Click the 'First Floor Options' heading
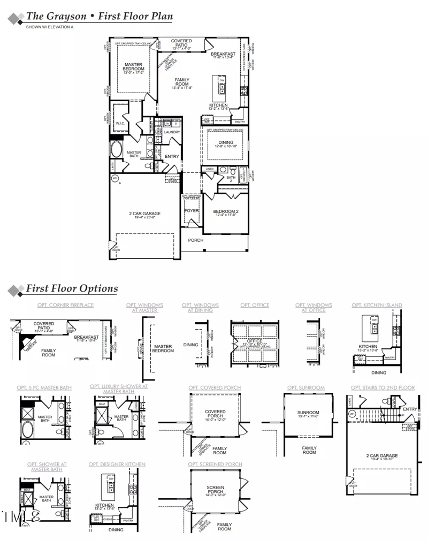72,289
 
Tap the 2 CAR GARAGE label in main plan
144,214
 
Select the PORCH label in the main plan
196,240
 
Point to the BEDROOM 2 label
226,211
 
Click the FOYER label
192,211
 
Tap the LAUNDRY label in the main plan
172,132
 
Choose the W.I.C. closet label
120,123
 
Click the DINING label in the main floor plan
226,142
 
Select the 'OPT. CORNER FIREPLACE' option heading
66,305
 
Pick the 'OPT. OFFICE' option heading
255,305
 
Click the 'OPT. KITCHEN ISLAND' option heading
377,305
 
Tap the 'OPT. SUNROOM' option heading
306,387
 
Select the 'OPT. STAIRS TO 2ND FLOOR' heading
383,387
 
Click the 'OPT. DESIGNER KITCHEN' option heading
117,464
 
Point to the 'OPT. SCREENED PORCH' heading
215,464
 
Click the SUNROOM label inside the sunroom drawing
308,413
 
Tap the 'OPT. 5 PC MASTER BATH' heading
44,387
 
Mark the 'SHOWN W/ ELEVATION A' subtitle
50,26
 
